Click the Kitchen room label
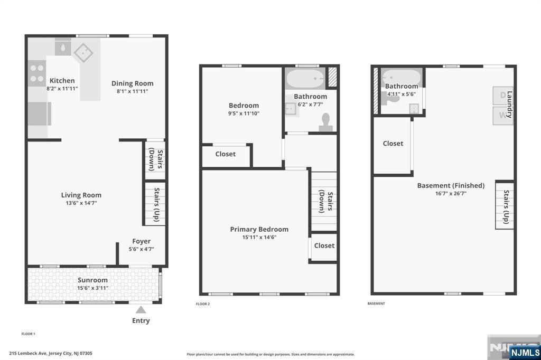(62, 81)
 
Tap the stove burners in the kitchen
(37, 73)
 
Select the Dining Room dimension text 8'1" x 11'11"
(132, 91)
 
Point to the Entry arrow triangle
(141, 309)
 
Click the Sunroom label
(92, 280)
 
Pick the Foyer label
(142, 241)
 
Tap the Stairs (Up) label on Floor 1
(156, 204)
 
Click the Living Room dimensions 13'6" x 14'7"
(81, 203)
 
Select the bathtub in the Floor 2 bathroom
(306, 78)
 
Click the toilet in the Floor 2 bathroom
(325, 122)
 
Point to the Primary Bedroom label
(259, 229)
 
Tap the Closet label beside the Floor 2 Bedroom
(225, 154)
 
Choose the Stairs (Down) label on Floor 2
(325, 202)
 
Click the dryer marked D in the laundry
(502, 95)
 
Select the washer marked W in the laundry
(502, 116)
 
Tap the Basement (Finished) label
(451, 185)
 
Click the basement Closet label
(393, 144)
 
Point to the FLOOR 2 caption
(203, 304)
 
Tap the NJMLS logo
(525, 352)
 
